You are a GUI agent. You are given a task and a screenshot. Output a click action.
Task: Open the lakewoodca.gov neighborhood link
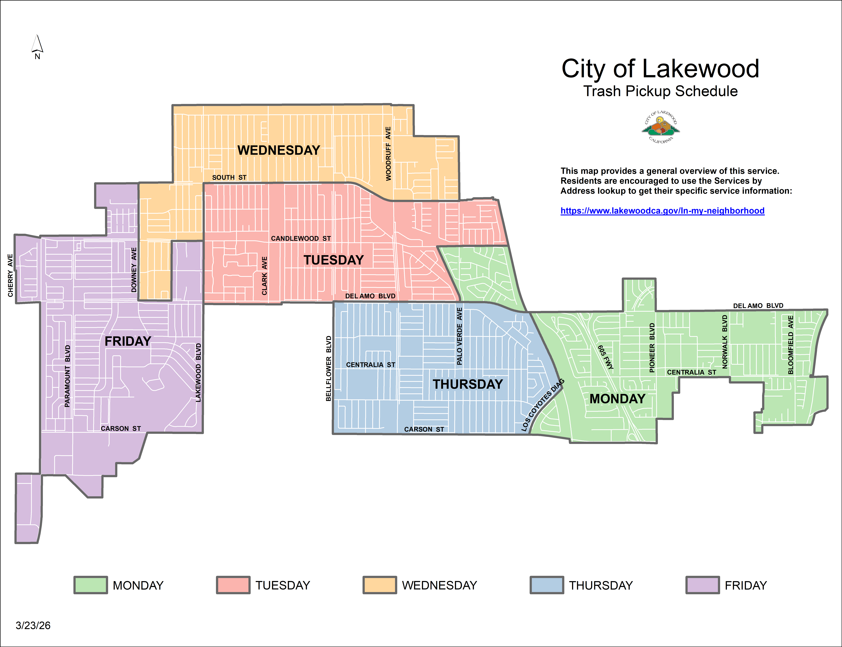(662, 211)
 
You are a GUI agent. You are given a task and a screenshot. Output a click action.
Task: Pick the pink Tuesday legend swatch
(233, 585)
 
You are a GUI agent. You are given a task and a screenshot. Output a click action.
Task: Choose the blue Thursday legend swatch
(547, 585)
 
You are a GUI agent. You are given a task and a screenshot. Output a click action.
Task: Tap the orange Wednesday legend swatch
(379, 585)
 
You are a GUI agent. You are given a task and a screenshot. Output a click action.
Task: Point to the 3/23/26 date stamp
(33, 625)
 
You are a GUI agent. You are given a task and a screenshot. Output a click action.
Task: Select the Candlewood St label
(301, 238)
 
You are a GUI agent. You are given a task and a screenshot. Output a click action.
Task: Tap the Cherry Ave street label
(10, 275)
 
